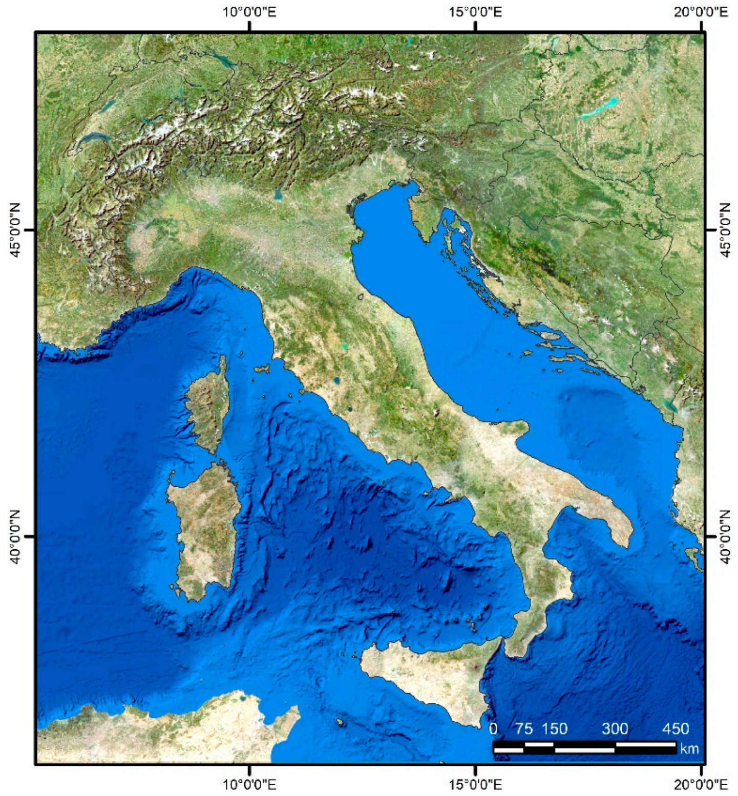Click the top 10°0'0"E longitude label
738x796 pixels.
[249, 11]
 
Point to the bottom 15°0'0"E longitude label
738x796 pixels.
[475, 784]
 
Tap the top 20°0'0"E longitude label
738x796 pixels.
[701, 11]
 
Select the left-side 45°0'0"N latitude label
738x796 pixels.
[14, 230]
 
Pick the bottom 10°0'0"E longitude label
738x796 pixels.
[249, 784]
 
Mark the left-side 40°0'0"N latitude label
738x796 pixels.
[14, 536]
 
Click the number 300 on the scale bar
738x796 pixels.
[615, 728]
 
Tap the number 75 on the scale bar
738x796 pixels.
[524, 728]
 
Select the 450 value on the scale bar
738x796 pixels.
[676, 728]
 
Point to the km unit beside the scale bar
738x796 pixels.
[689, 748]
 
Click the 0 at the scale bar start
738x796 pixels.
[493, 728]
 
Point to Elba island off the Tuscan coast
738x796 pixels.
[262, 369]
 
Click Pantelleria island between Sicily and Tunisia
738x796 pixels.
[340, 722]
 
